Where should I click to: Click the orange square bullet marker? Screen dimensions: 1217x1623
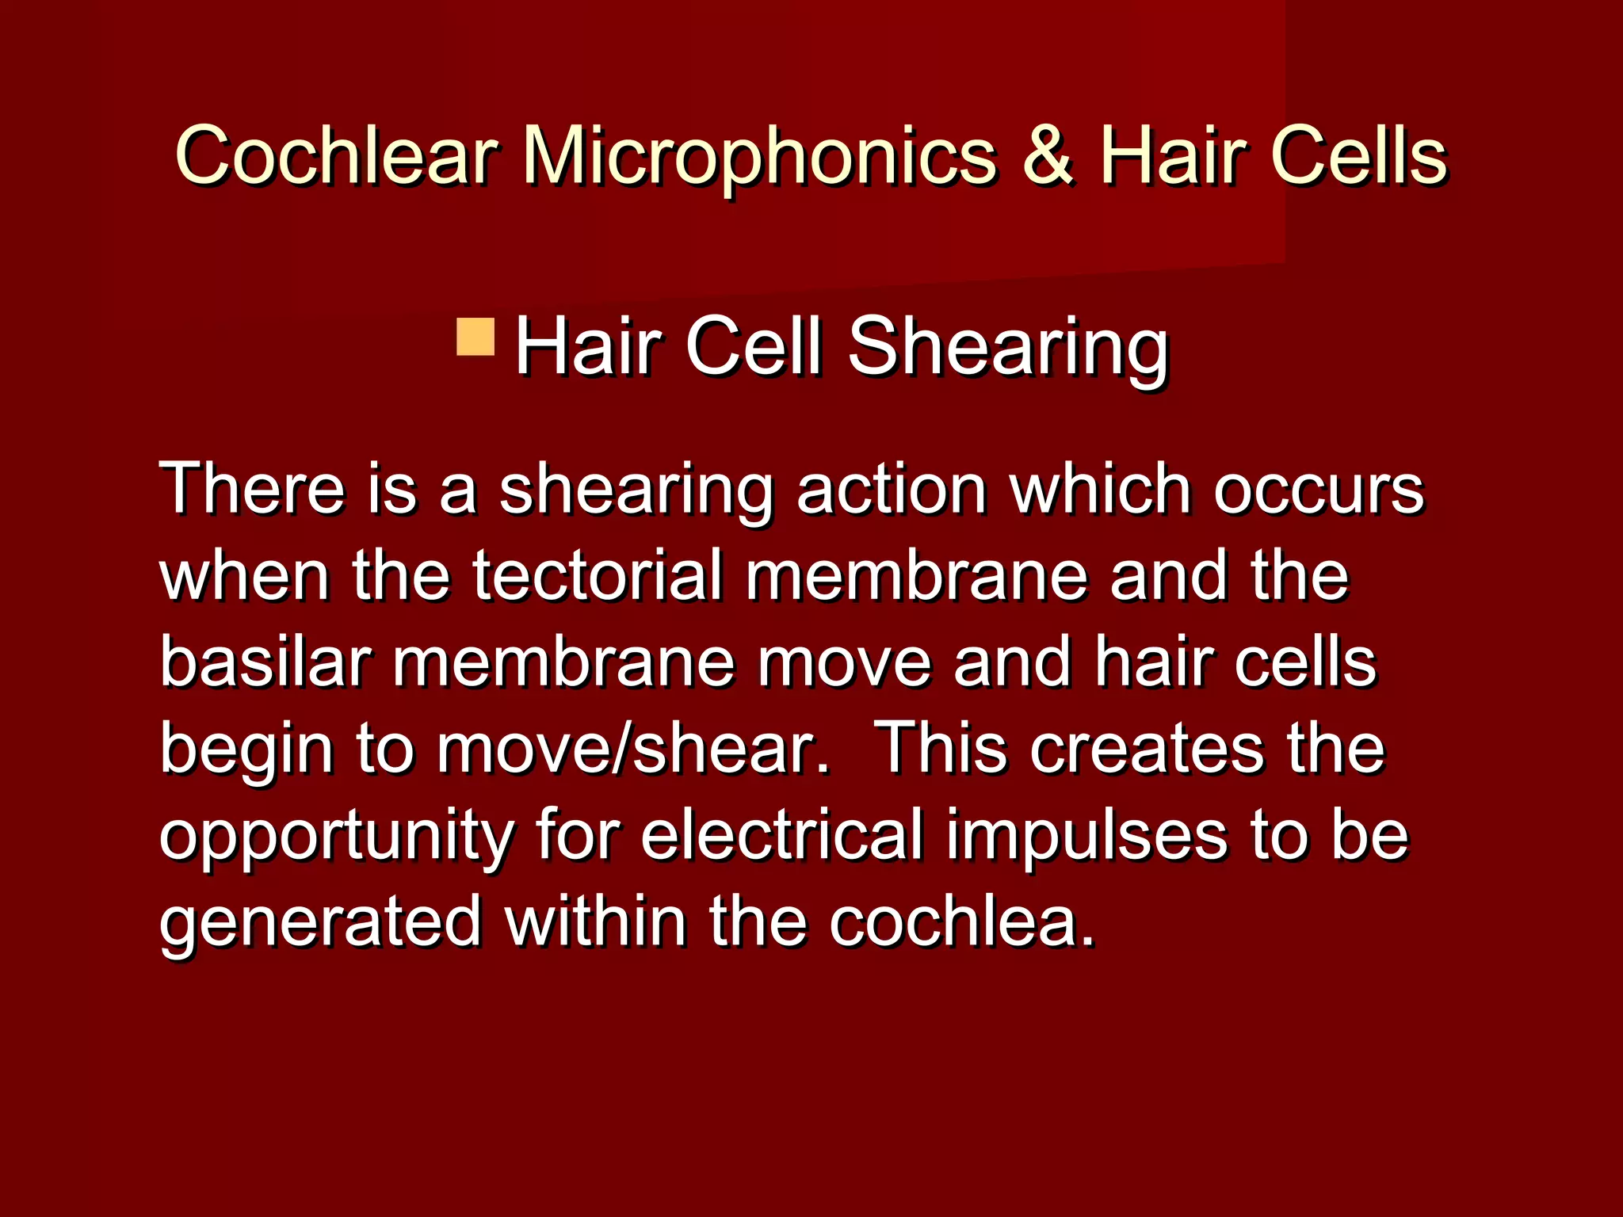[x=475, y=337]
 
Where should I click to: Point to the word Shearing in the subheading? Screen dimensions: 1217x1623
[x=1007, y=347]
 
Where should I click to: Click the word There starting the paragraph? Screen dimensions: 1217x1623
[x=253, y=488]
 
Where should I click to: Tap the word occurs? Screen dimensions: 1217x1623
[x=1319, y=490]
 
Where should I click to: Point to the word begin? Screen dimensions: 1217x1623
[x=246, y=751]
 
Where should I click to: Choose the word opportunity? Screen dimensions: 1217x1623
[x=338, y=837]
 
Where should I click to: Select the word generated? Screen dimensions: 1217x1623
[x=321, y=922]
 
